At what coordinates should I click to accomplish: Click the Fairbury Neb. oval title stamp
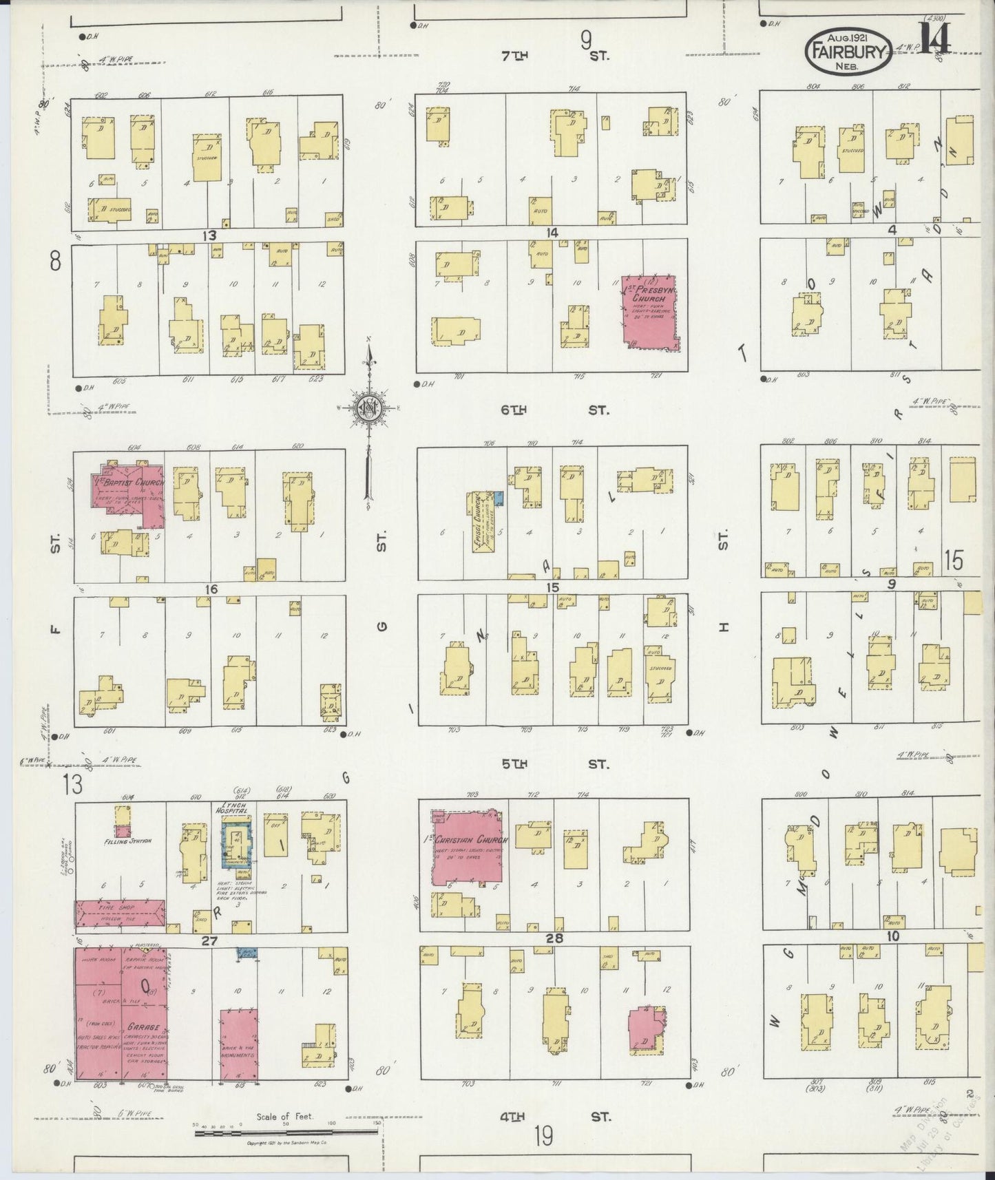point(849,51)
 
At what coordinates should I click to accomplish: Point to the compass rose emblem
point(368,408)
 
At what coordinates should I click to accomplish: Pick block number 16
point(210,589)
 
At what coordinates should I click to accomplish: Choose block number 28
point(554,938)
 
